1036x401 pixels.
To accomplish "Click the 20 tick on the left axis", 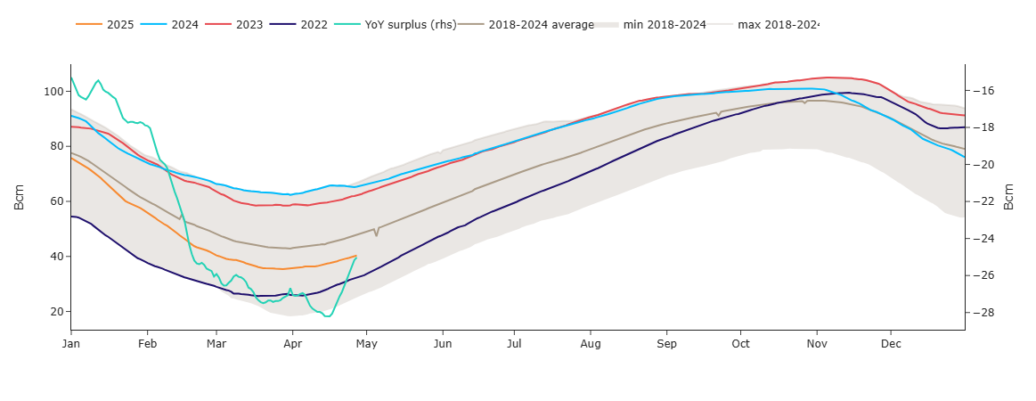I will point(54,312).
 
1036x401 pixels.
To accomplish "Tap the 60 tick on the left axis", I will point(54,201).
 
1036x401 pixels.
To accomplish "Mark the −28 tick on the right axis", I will point(984,312).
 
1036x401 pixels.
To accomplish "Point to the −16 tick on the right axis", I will point(984,91).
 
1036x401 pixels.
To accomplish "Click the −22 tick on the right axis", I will point(984,201).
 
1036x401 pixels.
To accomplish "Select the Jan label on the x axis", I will point(71,342).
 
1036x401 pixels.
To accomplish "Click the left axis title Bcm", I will point(20,197).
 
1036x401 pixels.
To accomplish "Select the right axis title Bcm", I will point(1009,197).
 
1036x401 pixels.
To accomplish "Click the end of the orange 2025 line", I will point(356,256).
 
